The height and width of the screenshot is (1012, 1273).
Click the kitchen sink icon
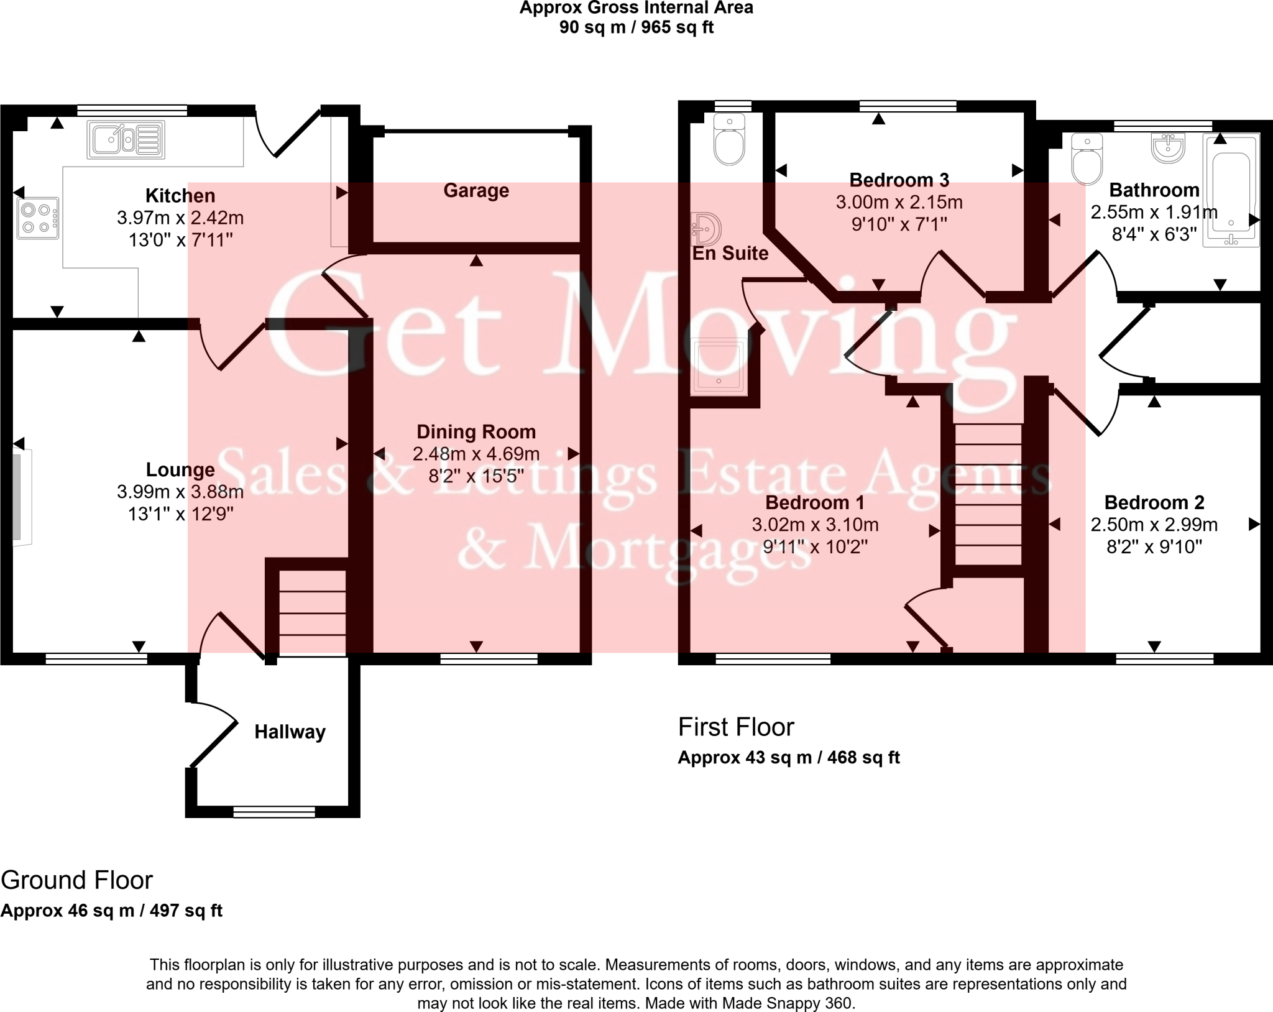126,140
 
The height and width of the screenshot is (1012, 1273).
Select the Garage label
476,190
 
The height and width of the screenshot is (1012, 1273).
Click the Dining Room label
476,431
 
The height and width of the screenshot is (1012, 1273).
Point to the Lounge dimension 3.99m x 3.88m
180,492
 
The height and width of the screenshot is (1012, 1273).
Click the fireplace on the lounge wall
21,497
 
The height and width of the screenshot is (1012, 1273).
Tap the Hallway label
290,732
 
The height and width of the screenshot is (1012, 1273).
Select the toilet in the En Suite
729,139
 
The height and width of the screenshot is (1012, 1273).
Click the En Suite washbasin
707,228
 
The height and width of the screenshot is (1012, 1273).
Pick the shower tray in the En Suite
719,367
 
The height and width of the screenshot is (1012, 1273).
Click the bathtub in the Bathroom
1231,190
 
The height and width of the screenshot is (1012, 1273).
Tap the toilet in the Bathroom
1087,159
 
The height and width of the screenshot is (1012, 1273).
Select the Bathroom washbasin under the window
1169,148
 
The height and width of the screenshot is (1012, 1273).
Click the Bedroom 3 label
899,180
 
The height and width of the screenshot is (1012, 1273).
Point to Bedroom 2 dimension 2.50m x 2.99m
1154,525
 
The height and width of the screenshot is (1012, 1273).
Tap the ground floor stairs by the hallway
312,612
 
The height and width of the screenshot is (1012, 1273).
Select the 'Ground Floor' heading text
77,880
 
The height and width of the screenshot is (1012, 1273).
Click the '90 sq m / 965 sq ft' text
636,27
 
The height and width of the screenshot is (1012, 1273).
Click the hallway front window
274,812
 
